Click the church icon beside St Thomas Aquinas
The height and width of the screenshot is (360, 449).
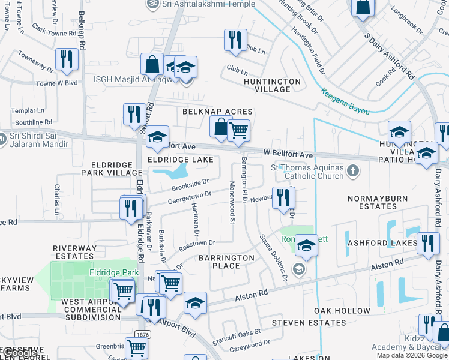point(354,172)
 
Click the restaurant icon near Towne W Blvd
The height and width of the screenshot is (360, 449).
point(66,59)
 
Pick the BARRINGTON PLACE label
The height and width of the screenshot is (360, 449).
point(227,262)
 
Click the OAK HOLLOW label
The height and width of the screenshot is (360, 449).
point(342,311)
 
